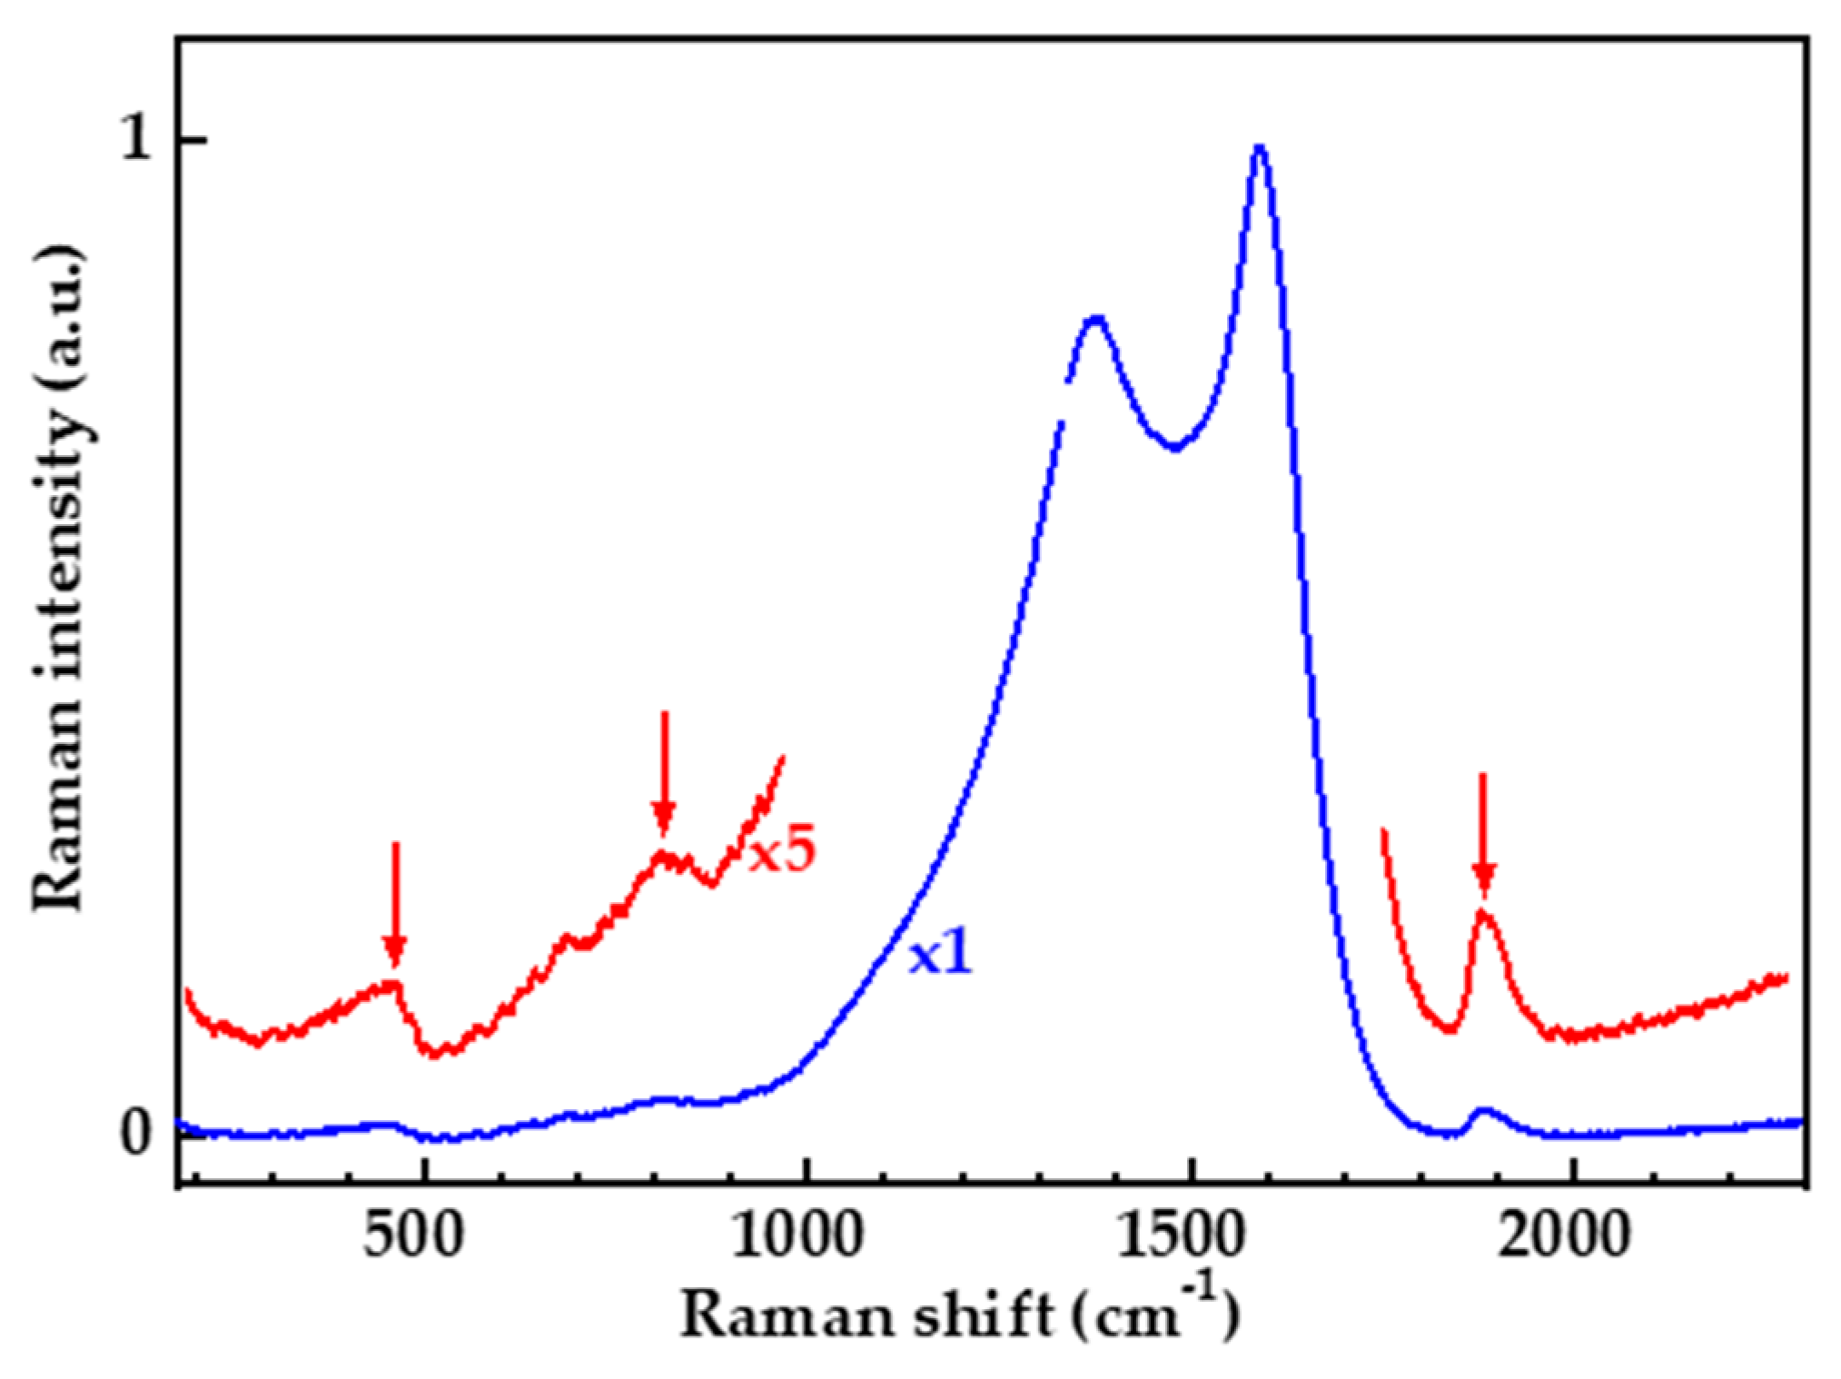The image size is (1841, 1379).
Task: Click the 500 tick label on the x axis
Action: pyautogui.click(x=414, y=1236)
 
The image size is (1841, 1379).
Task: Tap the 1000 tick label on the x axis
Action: pyautogui.click(x=797, y=1236)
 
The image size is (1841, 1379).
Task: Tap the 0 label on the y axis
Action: pyautogui.click(x=136, y=1133)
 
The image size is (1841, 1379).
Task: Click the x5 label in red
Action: pyautogui.click(x=782, y=851)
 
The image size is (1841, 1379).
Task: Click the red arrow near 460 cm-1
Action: pyautogui.click(x=394, y=904)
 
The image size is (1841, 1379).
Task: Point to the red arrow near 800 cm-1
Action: pyautogui.click(x=664, y=772)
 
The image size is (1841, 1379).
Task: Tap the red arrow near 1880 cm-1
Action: pyautogui.click(x=1483, y=834)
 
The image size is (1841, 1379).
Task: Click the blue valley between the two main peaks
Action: pyautogui.click(x=1175, y=447)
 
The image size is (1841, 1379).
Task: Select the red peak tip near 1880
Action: pyautogui.click(x=1484, y=911)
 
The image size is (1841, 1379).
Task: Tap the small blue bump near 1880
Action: pyautogui.click(x=1483, y=1110)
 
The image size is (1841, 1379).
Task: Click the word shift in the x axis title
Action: pyautogui.click(x=982, y=1315)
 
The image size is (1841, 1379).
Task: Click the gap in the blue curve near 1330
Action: pyautogui.click(x=1064, y=401)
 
